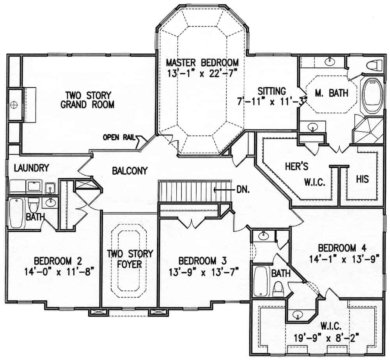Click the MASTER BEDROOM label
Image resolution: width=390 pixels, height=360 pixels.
point(202,62)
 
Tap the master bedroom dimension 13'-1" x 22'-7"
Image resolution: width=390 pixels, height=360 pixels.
point(202,73)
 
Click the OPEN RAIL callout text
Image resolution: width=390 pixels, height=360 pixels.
point(119,137)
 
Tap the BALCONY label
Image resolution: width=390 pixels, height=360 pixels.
point(130,171)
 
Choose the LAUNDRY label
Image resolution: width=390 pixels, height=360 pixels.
point(31,168)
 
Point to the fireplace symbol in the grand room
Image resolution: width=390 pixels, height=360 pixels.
point(14,104)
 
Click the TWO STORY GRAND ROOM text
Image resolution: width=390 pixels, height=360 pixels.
point(89,100)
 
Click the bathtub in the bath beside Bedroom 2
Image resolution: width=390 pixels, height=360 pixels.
point(16,213)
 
